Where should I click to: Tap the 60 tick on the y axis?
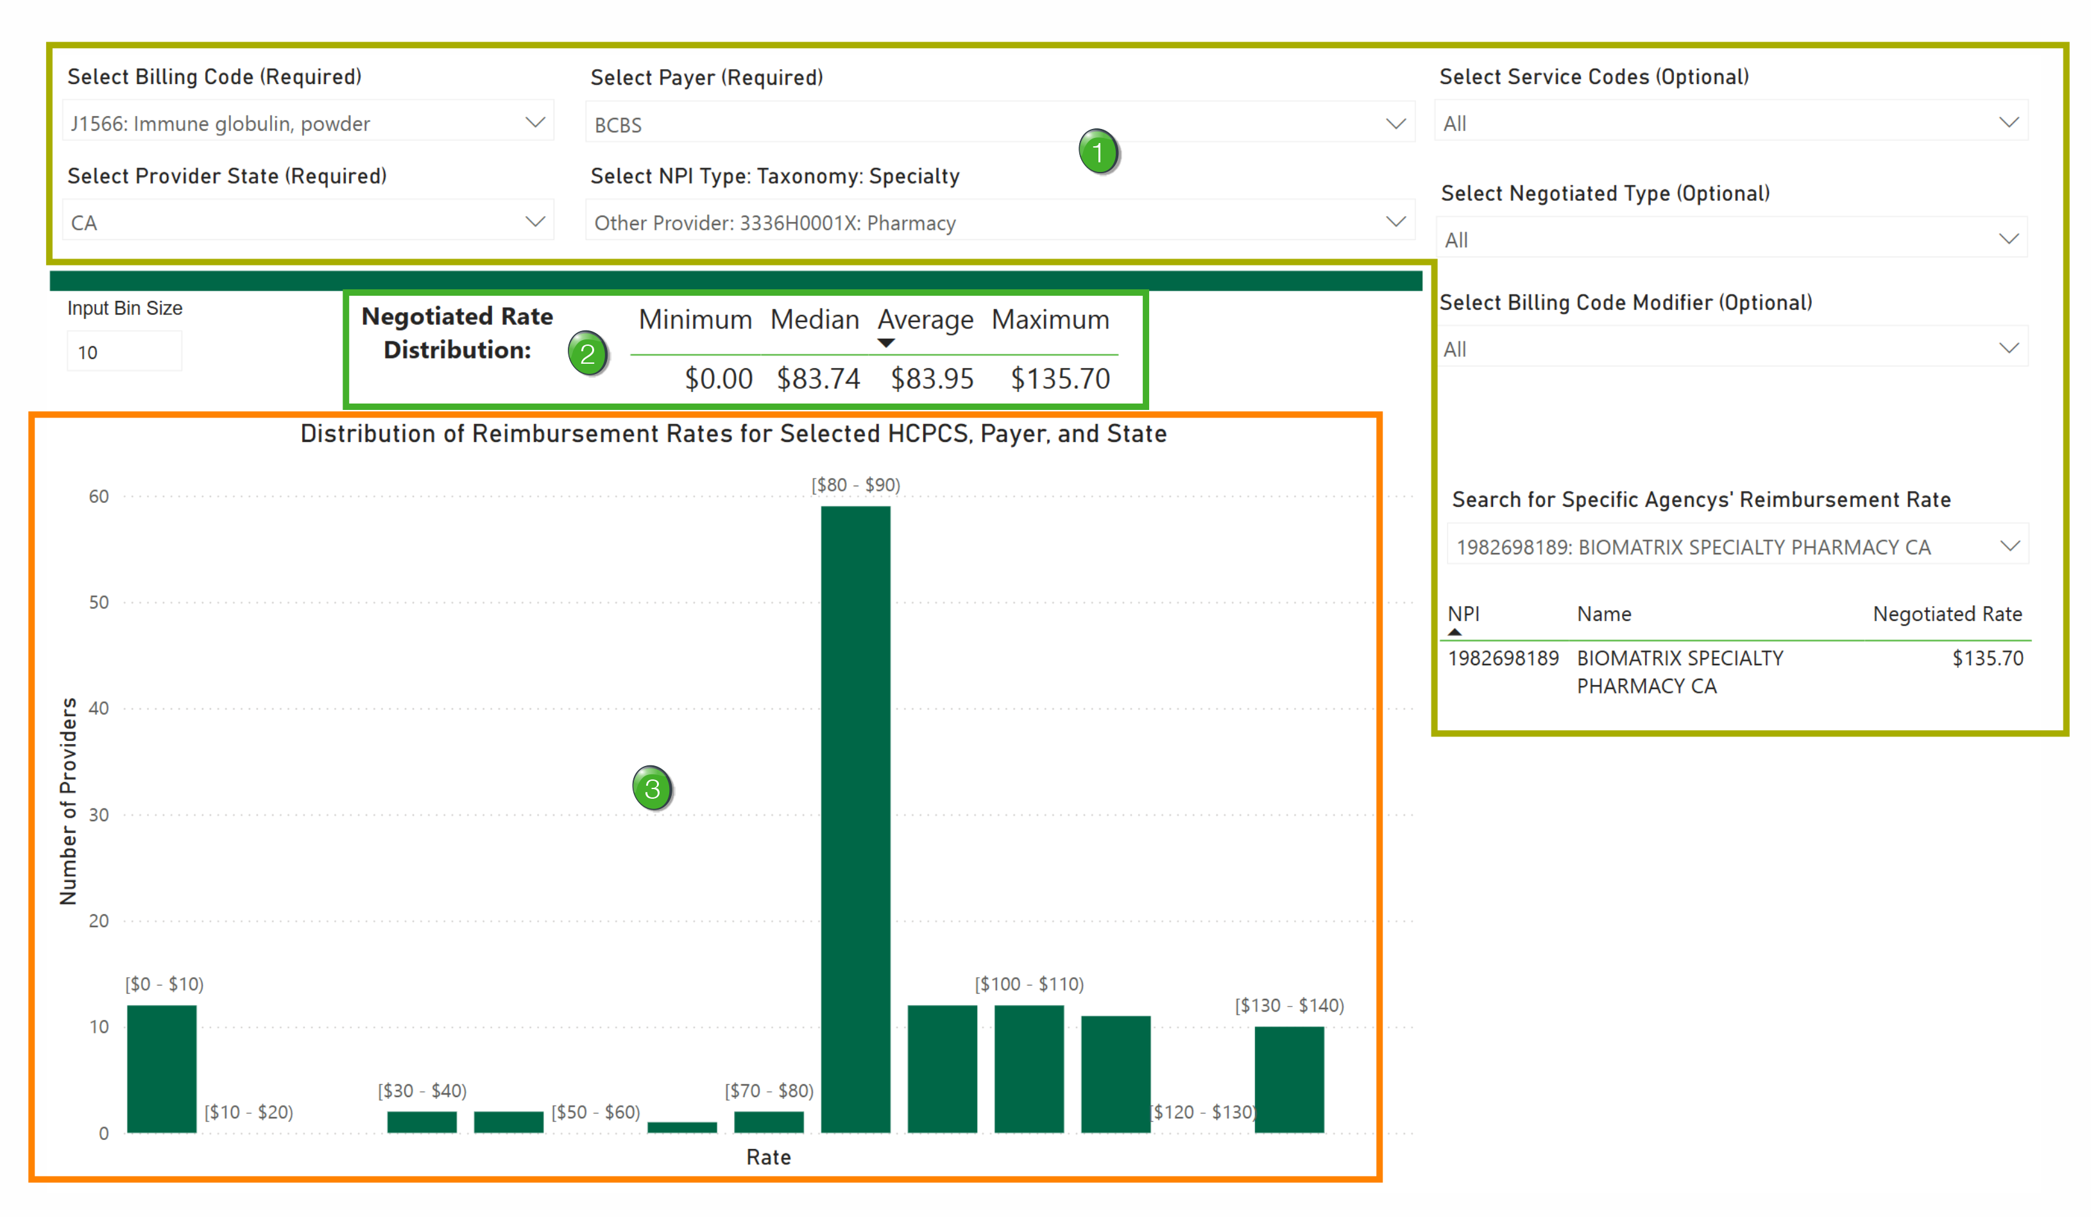99,496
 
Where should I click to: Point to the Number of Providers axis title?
68,801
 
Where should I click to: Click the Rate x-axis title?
769,1157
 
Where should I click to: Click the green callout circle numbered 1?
1098,152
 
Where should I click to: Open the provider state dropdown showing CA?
308,223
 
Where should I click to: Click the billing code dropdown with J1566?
308,124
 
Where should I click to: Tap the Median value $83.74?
818,379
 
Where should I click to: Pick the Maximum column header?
1050,320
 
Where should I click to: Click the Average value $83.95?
932,379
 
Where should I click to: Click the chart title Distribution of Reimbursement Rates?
733,434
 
